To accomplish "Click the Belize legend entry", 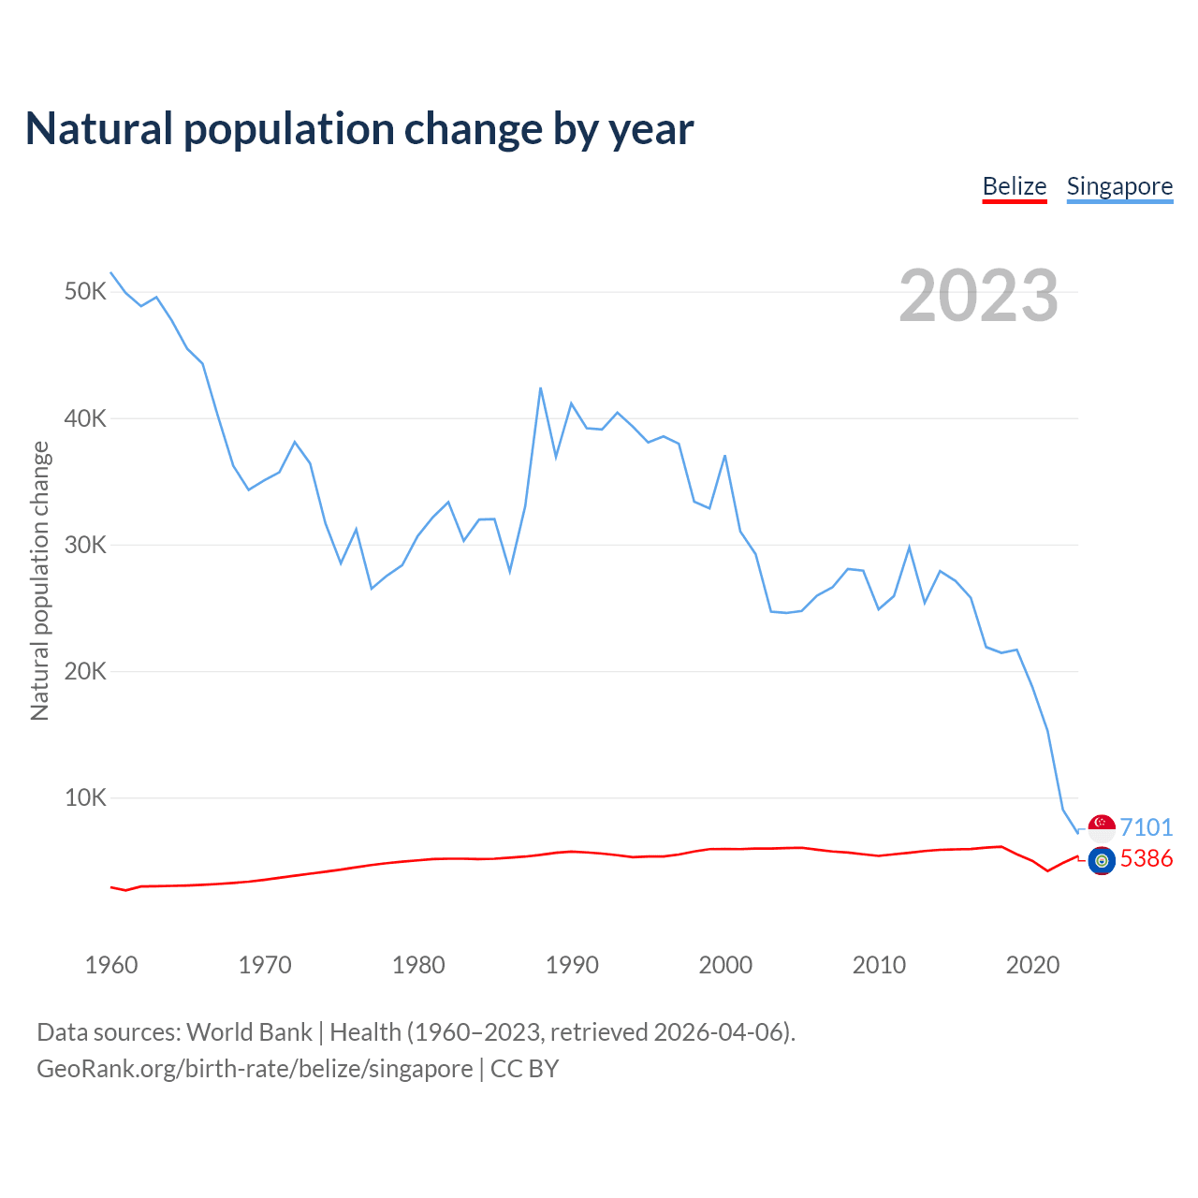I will click(x=1015, y=186).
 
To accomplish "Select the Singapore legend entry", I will click(x=1119, y=186).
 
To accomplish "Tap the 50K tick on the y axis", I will click(x=85, y=292).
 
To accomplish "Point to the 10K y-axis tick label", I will click(x=85, y=798).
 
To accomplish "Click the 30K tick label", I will click(x=85, y=545).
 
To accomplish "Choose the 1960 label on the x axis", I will click(x=111, y=965).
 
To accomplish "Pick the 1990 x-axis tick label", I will click(x=572, y=965).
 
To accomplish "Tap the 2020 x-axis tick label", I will click(x=1032, y=965).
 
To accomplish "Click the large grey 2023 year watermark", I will click(x=978, y=296).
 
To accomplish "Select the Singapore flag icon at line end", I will click(x=1102, y=827).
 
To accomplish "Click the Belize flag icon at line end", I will click(x=1102, y=859).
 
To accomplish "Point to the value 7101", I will click(x=1147, y=827).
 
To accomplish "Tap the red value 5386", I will click(x=1147, y=859).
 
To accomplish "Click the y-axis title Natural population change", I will click(x=40, y=580).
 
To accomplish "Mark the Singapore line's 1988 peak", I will click(x=541, y=388).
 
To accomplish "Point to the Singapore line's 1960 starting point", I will click(x=111, y=272).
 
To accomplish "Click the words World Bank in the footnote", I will click(x=249, y=1032).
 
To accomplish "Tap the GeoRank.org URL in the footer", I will click(x=255, y=1069).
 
